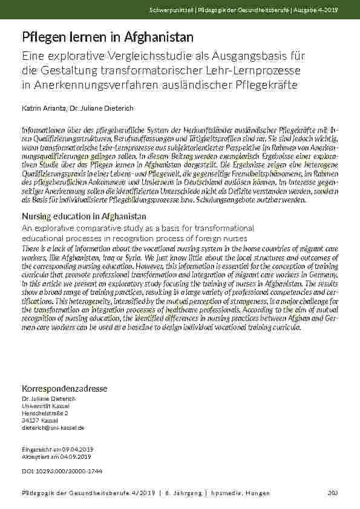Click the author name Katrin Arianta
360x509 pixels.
point(43,108)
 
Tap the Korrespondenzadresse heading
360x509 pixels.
point(64,388)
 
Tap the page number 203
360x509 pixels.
point(332,493)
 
